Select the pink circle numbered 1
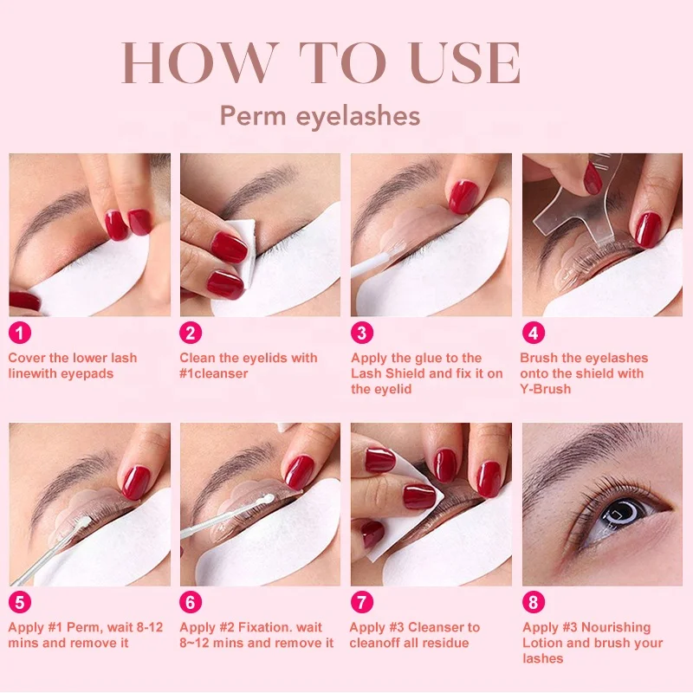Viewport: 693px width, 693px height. coord(21,333)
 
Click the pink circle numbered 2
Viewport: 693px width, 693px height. coord(191,333)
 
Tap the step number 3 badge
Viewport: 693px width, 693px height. coord(363,333)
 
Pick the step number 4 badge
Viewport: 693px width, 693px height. coord(533,333)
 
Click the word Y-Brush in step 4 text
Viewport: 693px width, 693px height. coord(546,389)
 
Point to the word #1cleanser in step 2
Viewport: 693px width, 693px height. coord(213,373)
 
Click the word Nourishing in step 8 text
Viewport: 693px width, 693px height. coord(615,627)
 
